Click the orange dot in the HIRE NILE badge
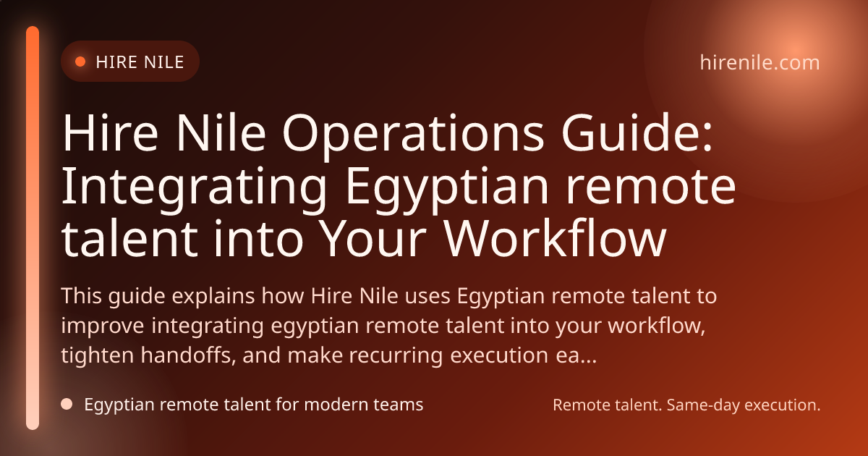pos(80,62)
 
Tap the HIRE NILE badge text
pos(140,62)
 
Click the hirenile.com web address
pos(760,62)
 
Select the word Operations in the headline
pos(414,133)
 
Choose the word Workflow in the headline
pos(555,237)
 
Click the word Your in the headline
pos(374,238)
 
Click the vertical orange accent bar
pos(33,228)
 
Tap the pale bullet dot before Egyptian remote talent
pos(67,404)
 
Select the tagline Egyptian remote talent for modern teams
pos(254,405)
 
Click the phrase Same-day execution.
pos(744,405)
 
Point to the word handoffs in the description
pos(188,355)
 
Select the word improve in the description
pos(103,326)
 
